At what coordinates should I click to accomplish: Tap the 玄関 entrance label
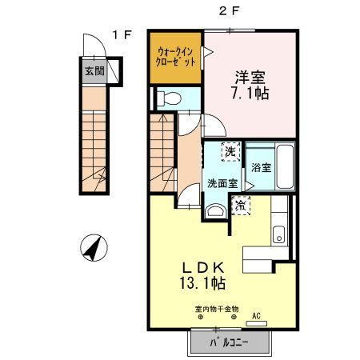pos(94,70)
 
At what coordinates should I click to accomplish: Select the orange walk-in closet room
pos(174,58)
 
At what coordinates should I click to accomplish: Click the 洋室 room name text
pos(250,78)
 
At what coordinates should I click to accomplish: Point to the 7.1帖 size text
pos(250,94)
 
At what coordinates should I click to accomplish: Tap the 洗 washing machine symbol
pos(230,151)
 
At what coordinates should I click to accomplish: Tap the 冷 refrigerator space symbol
pos(241,206)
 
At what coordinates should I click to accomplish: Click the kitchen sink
pos(278,234)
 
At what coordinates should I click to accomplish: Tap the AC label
pos(257,315)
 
